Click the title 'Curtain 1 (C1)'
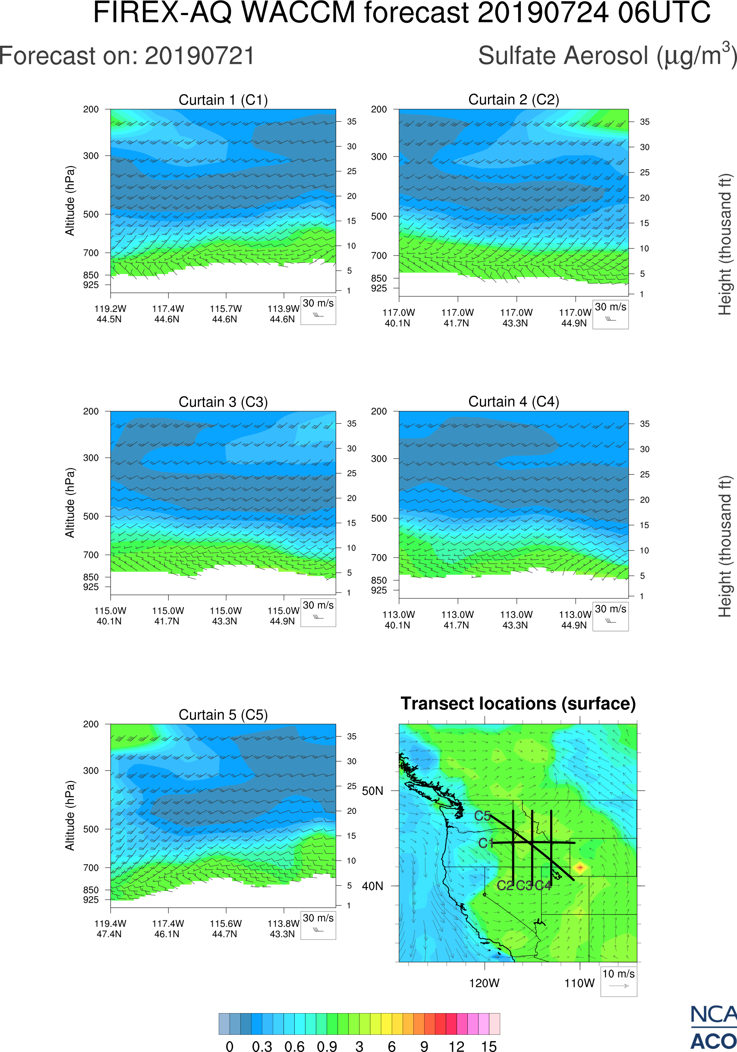click(x=223, y=100)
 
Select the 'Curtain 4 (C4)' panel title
click(x=513, y=402)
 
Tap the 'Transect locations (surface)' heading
click(x=518, y=704)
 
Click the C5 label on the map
click(x=482, y=816)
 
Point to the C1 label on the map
click(x=485, y=843)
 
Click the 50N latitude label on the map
click(x=372, y=791)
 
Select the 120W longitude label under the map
click(x=484, y=983)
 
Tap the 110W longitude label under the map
click(x=580, y=983)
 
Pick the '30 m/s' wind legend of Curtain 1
click(x=318, y=310)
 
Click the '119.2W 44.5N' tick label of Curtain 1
click(x=110, y=314)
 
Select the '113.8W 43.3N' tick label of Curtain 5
click(x=283, y=929)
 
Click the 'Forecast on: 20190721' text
click(x=127, y=56)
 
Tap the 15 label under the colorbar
click(x=489, y=1046)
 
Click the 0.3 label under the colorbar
click(x=262, y=1046)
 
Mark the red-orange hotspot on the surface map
click(x=580, y=867)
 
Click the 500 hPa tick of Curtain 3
click(x=91, y=517)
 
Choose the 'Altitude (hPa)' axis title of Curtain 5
click(x=69, y=816)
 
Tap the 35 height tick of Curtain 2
click(x=645, y=122)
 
